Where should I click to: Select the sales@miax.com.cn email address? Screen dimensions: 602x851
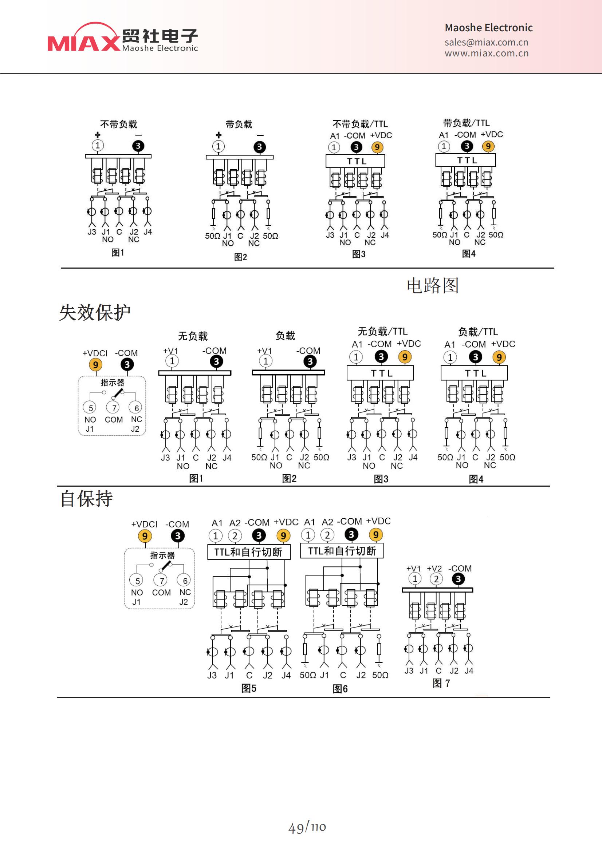(x=486, y=42)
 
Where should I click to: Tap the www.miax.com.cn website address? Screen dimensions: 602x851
(x=487, y=54)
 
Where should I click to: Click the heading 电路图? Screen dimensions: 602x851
(x=433, y=285)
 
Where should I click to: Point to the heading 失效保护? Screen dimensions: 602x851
(x=95, y=312)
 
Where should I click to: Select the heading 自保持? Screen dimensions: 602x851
(x=86, y=499)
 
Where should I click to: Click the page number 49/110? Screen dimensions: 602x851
(x=307, y=827)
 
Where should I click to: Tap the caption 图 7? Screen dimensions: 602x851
(x=441, y=683)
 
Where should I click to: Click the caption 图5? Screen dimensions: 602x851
(x=249, y=688)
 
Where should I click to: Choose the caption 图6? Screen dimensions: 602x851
(x=340, y=689)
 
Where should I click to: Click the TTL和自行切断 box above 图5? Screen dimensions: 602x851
(x=249, y=552)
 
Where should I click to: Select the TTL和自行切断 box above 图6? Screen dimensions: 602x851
(x=342, y=551)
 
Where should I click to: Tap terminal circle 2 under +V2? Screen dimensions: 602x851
(x=436, y=579)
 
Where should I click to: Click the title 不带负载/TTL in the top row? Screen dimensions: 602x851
(x=360, y=124)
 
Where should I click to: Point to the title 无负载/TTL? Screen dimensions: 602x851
(x=382, y=331)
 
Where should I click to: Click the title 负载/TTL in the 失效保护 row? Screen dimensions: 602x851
(x=478, y=332)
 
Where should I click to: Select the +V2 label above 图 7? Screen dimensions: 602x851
(x=434, y=569)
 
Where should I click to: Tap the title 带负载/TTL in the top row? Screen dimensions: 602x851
(x=466, y=123)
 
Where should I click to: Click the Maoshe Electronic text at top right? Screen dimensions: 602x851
(x=488, y=28)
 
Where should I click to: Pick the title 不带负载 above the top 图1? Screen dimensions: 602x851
(x=119, y=124)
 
